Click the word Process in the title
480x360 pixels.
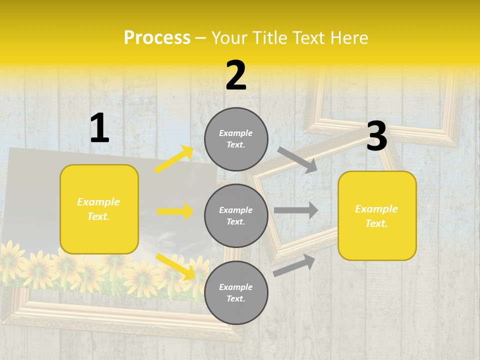click(x=157, y=38)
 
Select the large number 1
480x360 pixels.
click(x=99, y=129)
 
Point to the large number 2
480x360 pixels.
click(x=236, y=76)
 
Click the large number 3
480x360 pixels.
click(x=376, y=137)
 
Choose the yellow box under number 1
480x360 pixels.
click(x=99, y=209)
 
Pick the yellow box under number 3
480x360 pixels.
click(x=377, y=215)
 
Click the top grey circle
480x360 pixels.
click(x=236, y=139)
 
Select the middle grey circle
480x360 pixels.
click(x=236, y=215)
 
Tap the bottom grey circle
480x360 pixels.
click(x=236, y=292)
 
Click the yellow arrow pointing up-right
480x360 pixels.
click(x=174, y=159)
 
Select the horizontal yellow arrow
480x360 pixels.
click(x=175, y=211)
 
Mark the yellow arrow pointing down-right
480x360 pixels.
click(x=175, y=266)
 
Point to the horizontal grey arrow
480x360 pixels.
click(x=296, y=210)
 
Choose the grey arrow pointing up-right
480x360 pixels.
click(x=294, y=264)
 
